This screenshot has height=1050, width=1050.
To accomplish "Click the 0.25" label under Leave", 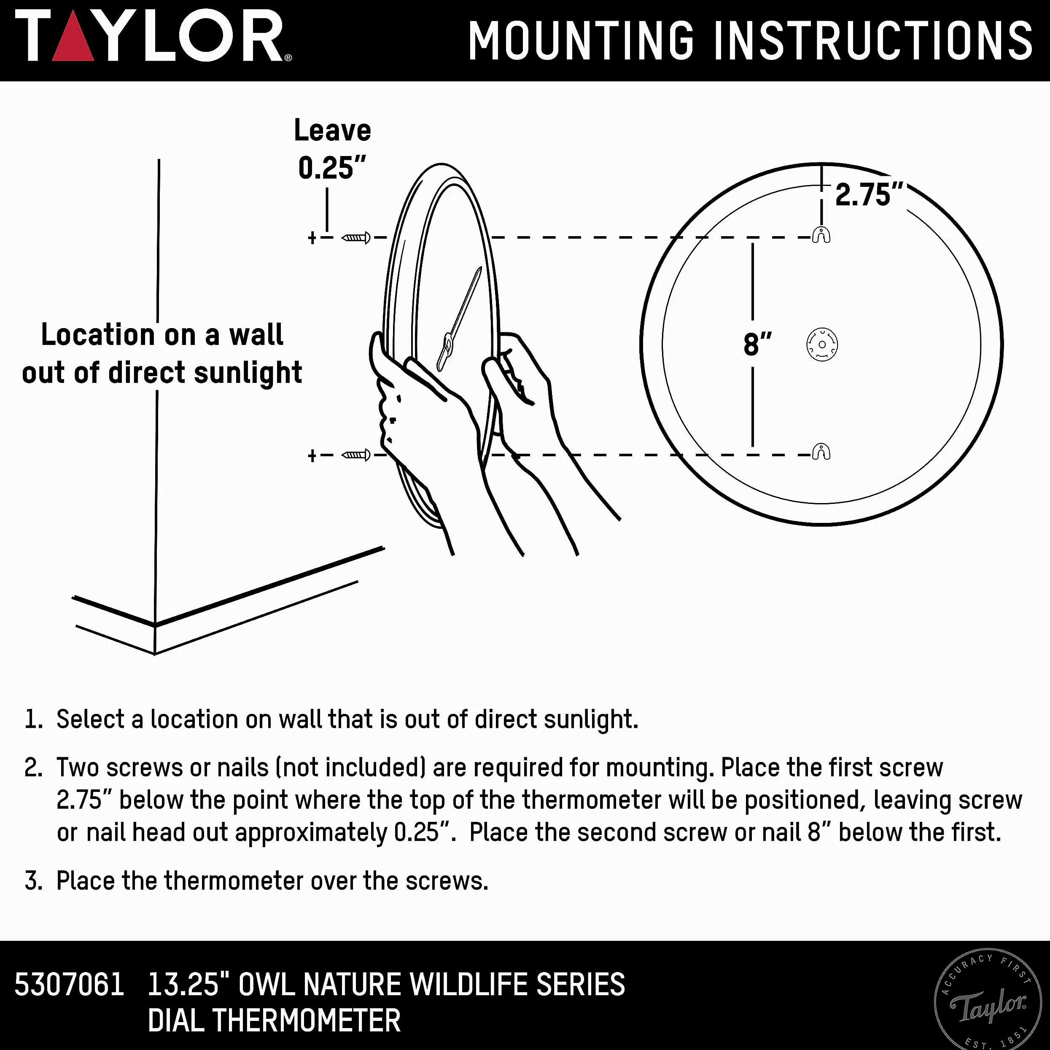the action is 332,168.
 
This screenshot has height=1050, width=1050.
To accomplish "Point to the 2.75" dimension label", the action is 869,194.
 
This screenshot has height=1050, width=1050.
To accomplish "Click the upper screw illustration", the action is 356,237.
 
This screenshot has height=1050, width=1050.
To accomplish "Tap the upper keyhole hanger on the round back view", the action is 821,235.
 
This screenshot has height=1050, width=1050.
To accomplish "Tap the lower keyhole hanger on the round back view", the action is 821,452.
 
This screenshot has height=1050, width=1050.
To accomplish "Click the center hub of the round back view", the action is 822,345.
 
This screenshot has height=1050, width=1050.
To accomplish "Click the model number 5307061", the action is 70,984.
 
